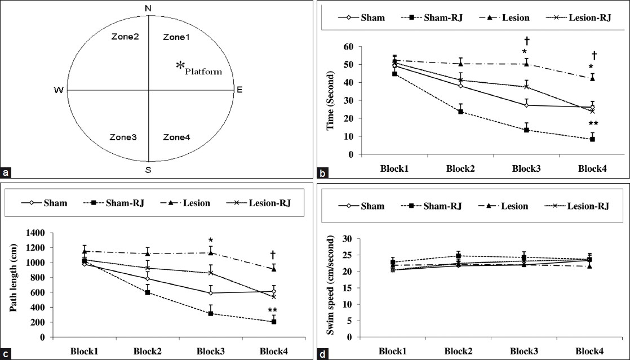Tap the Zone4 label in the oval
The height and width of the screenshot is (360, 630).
[x=176, y=137]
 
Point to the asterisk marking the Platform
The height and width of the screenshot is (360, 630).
[x=180, y=66]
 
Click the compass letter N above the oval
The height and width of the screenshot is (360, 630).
[x=148, y=8]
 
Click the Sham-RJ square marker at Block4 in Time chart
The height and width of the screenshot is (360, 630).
[x=592, y=139]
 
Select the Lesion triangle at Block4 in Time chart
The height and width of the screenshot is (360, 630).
[x=592, y=78]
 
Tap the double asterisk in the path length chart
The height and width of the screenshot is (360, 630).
[x=272, y=310]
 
